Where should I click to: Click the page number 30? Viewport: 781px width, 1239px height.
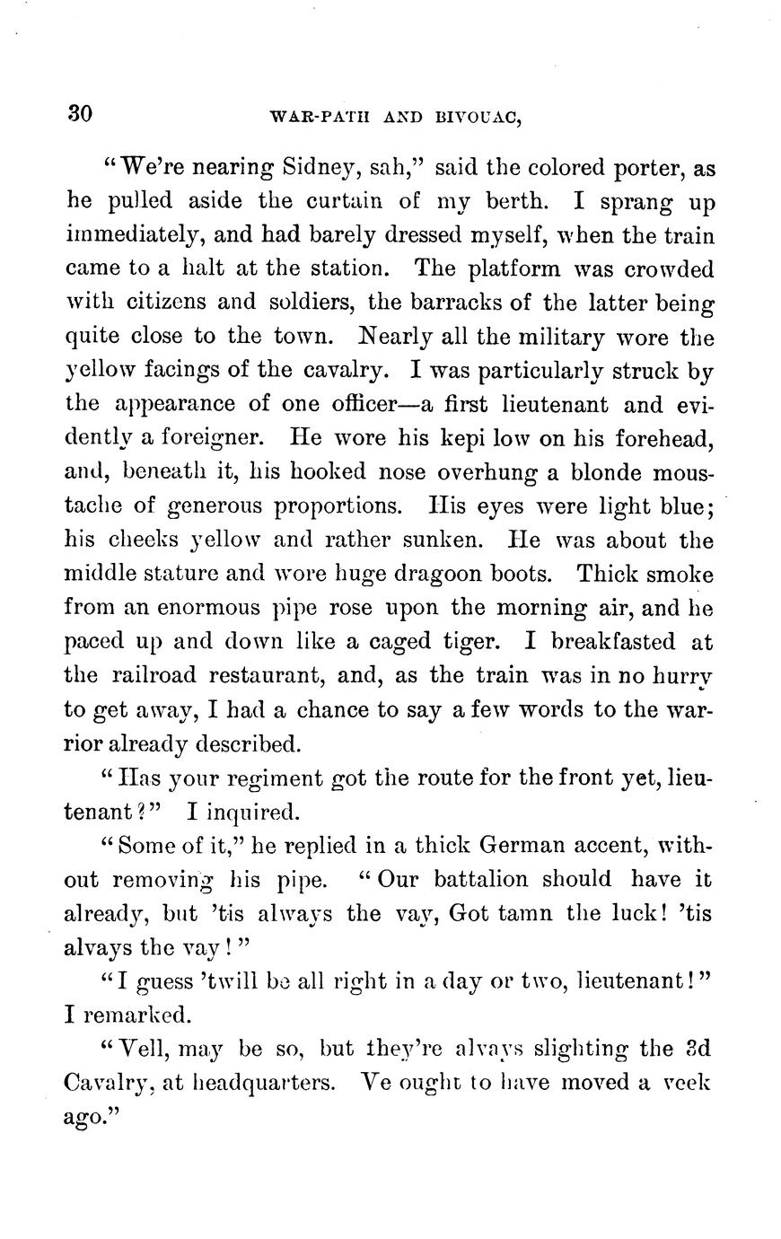(x=80, y=114)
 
